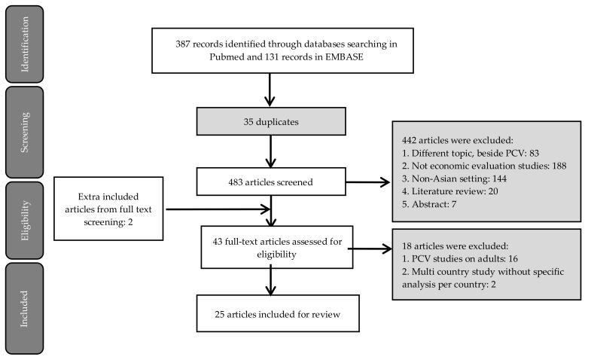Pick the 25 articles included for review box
(x=270, y=314)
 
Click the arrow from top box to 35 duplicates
(x=270, y=90)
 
